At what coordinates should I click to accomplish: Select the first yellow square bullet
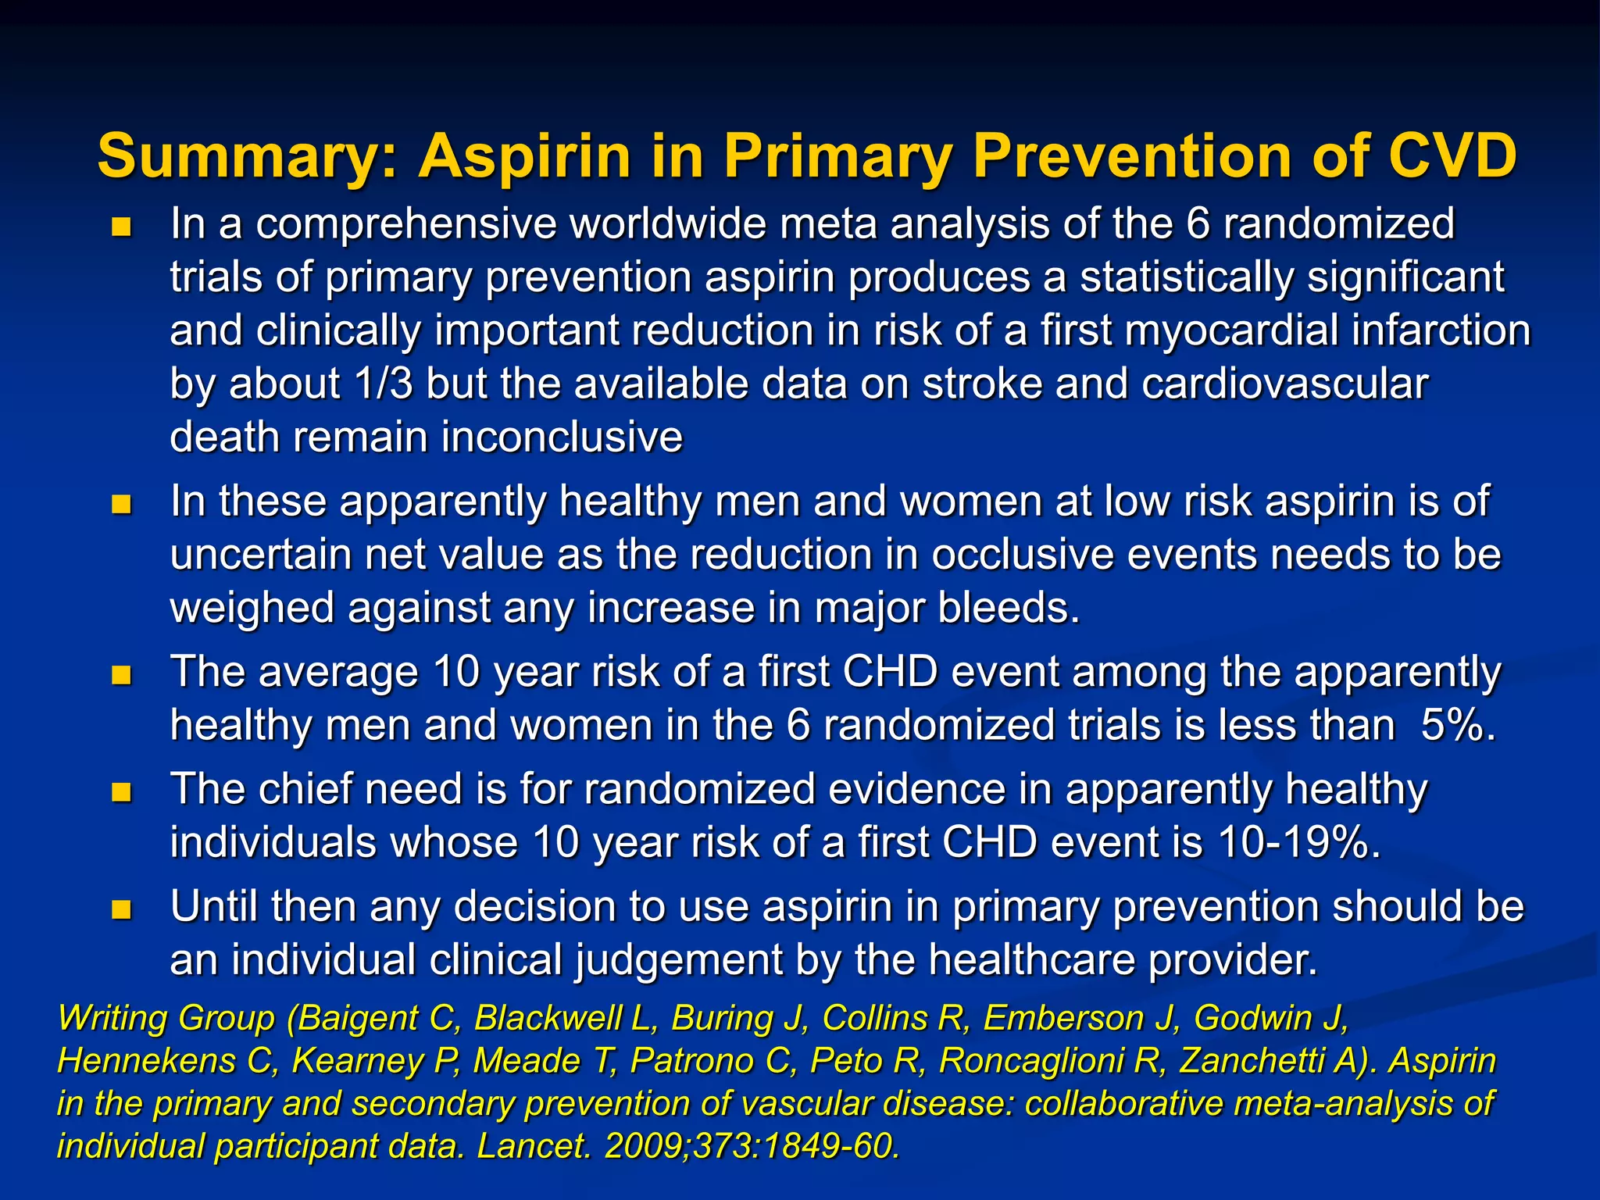pos(121,227)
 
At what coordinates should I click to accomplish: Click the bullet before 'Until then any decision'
pos(121,910)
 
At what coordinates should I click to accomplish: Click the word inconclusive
pos(562,437)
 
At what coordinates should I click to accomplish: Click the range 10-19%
pos(1297,842)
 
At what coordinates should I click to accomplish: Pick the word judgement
pos(679,959)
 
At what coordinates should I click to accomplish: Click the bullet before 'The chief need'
pos(121,794)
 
